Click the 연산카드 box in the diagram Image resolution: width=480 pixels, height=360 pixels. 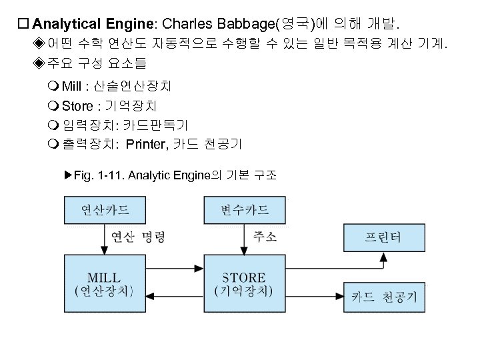coord(105,211)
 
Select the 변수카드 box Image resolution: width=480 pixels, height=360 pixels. coord(245,211)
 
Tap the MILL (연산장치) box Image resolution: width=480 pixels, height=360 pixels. coord(105,283)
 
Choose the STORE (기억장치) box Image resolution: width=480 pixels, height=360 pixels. coord(245,283)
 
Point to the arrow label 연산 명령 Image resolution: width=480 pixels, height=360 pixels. coord(137,237)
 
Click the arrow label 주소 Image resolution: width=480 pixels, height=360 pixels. coord(265,237)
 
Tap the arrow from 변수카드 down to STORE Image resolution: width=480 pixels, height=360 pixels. coord(245,239)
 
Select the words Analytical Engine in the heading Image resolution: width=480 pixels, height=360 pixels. coord(93,25)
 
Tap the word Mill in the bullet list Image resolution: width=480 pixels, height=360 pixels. coord(71,87)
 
